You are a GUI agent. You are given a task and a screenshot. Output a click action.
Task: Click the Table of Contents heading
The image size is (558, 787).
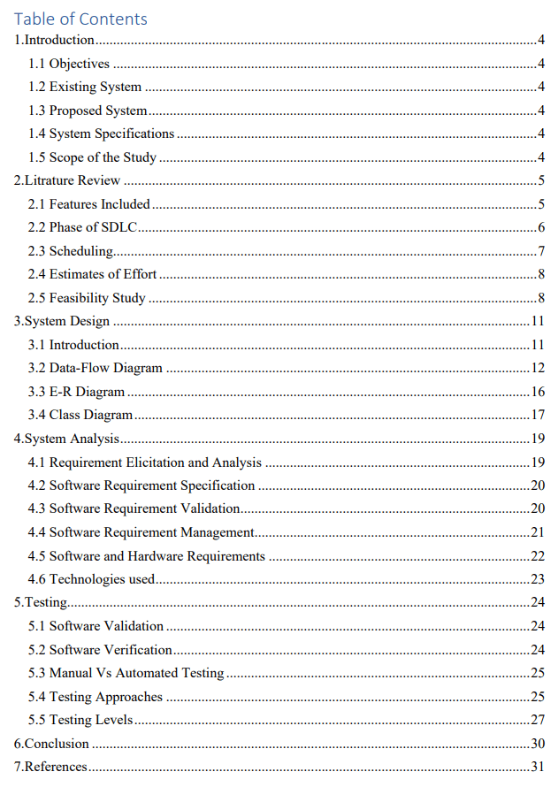coord(80,19)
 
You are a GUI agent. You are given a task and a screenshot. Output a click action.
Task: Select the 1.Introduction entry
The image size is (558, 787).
coord(54,40)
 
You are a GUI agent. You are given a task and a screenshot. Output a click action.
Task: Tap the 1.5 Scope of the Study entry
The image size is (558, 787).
coord(92,157)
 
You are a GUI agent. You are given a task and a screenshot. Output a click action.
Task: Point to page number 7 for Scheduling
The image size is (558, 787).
coord(540,251)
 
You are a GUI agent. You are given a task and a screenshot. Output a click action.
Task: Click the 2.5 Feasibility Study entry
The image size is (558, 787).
coord(87,298)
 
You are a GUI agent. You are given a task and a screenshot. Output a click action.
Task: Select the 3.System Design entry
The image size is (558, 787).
coord(62,321)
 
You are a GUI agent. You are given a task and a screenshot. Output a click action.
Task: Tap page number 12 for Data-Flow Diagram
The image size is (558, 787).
coord(538,368)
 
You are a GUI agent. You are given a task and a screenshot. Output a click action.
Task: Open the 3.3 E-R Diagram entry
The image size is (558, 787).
coord(76,392)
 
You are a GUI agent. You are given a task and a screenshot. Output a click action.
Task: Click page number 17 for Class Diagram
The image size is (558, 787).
coord(538,415)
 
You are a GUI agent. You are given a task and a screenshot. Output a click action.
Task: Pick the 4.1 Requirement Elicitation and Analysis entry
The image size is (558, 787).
coord(145,462)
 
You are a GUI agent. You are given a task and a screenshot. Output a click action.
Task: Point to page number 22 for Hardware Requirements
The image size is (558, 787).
coord(538,556)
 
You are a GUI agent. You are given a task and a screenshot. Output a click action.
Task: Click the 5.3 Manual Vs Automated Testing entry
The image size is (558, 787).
coord(126,673)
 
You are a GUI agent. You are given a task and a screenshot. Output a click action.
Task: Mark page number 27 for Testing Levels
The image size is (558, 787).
coord(538,720)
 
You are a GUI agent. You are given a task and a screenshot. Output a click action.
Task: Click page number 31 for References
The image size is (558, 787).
coord(538,767)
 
